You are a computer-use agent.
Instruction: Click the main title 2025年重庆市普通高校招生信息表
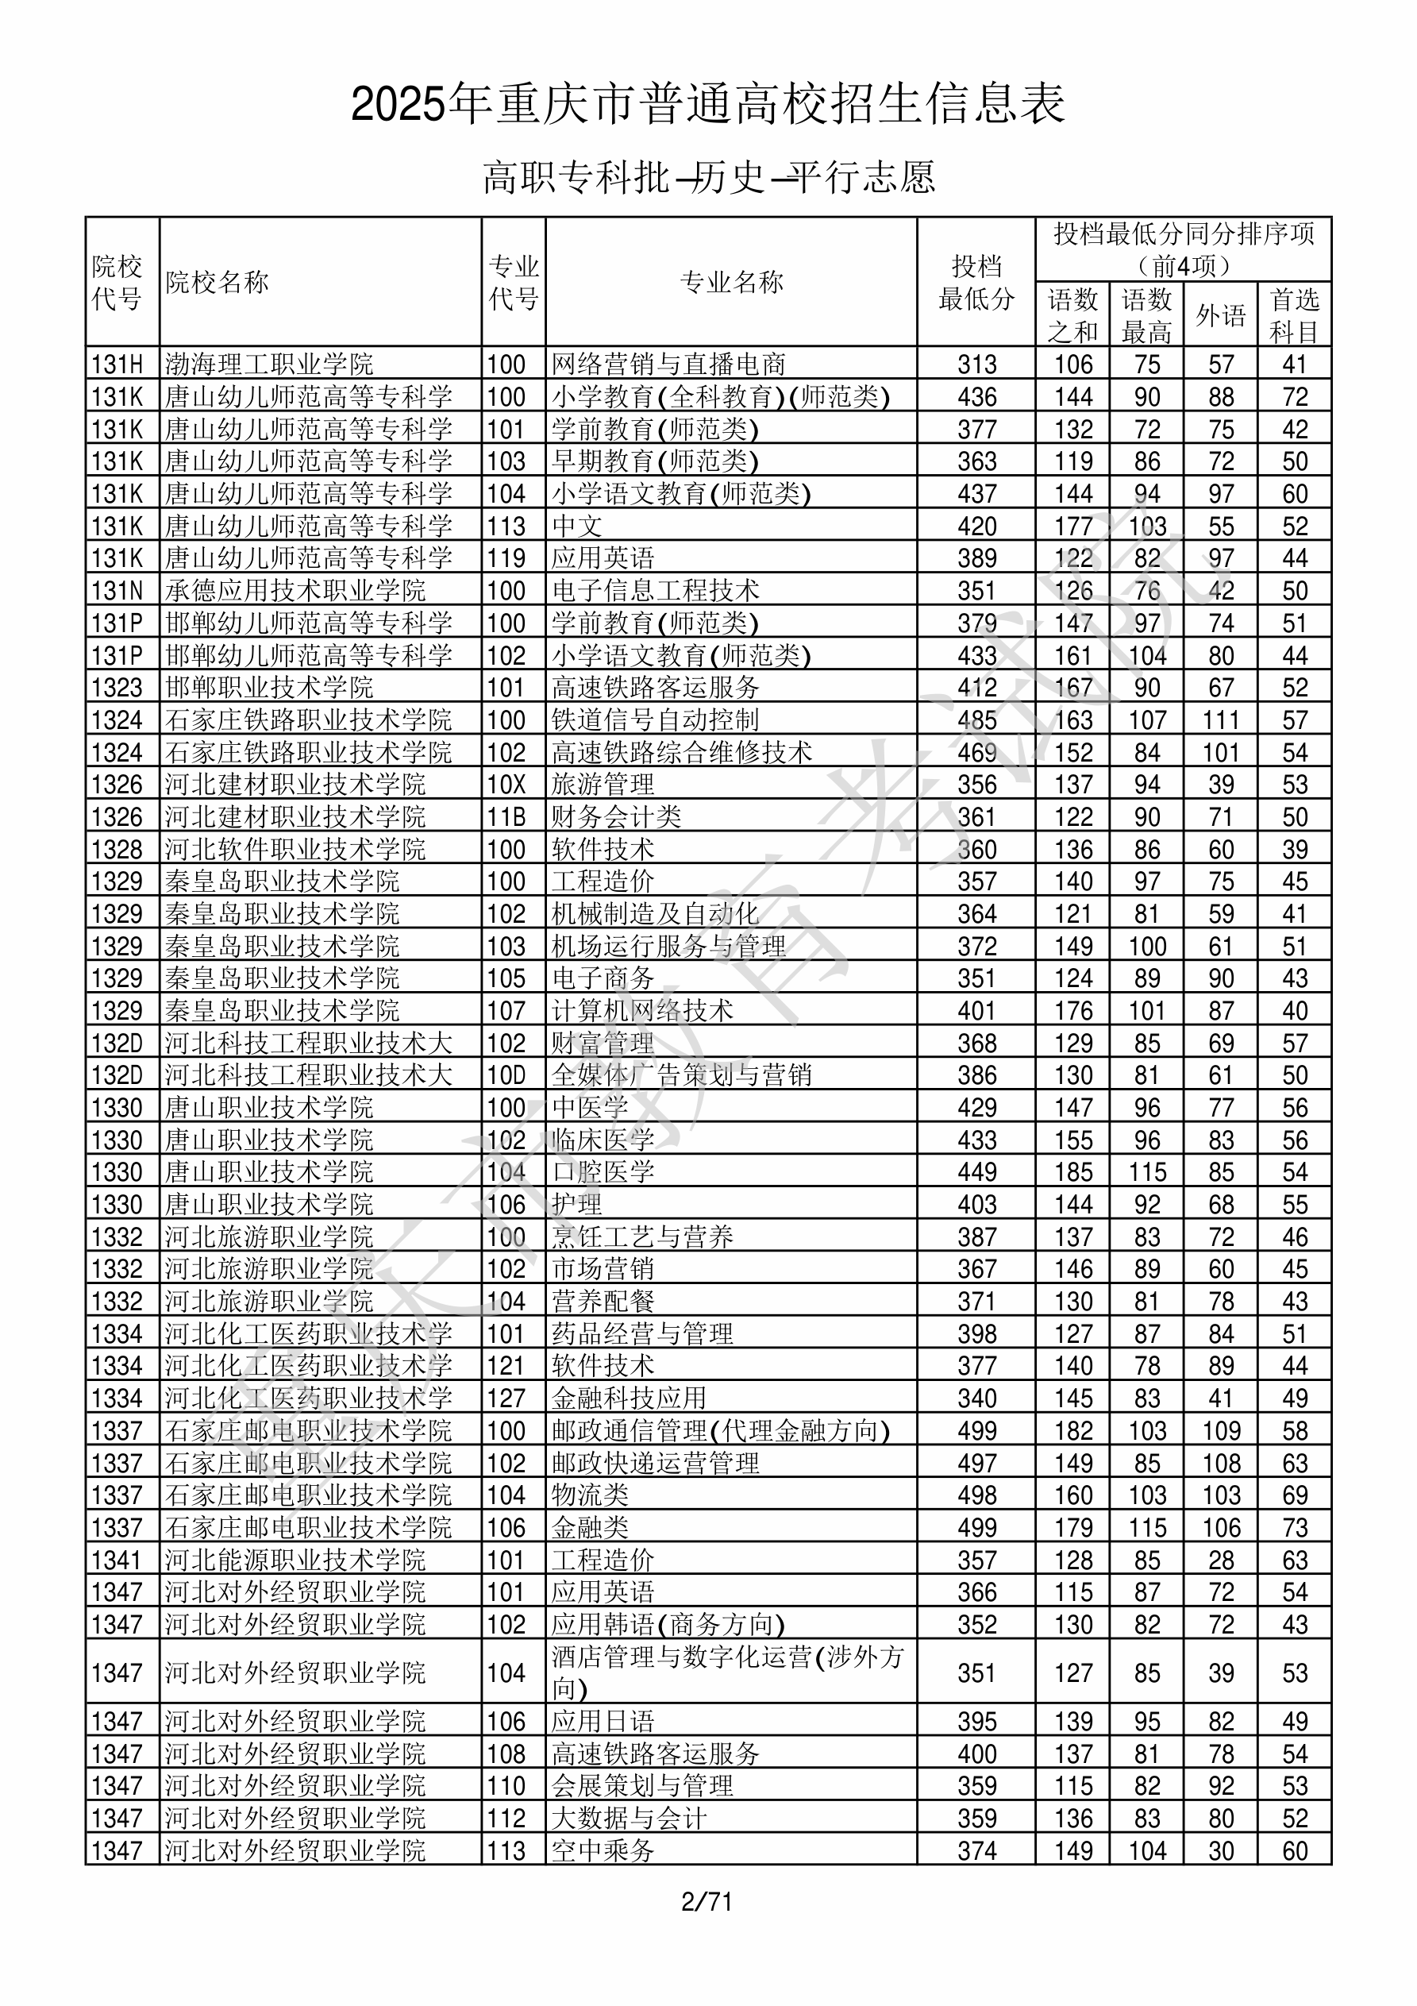tap(707, 104)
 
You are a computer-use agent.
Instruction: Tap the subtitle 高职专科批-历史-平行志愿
tap(707, 177)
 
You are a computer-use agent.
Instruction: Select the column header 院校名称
tap(218, 282)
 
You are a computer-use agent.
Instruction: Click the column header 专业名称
tap(731, 282)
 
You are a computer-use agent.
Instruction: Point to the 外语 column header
tap(1220, 315)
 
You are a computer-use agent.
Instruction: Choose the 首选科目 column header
tap(1294, 315)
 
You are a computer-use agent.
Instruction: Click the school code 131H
tap(117, 365)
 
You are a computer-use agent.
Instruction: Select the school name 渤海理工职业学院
tap(269, 365)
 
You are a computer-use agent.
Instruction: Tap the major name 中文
tap(576, 526)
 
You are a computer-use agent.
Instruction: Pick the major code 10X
tap(506, 785)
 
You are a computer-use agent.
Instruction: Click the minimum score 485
tap(976, 720)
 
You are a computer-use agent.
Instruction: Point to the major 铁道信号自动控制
tap(655, 720)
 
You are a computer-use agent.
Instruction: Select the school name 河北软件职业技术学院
tap(295, 849)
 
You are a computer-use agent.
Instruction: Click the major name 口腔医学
tap(603, 1171)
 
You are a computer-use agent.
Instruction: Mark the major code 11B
tap(506, 817)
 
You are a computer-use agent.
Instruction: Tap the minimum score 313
tap(976, 365)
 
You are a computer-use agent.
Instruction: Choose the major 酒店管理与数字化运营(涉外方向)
tap(727, 1672)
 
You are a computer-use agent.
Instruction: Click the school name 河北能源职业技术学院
tap(295, 1560)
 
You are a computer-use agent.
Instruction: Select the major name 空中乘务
tap(603, 1850)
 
